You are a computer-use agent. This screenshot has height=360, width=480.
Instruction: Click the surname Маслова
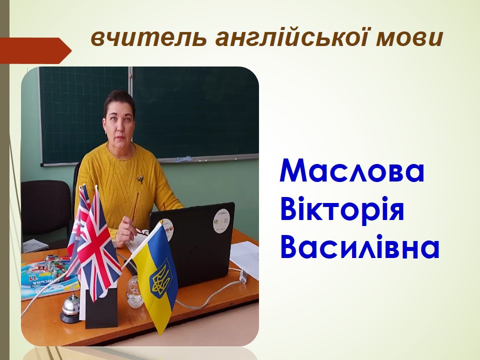click(x=352, y=171)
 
